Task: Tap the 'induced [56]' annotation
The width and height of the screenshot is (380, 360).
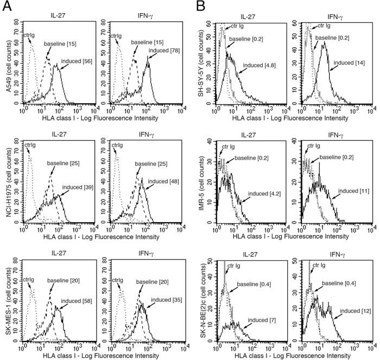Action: tap(77, 61)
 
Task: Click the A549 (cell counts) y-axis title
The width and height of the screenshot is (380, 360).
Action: tap(5, 62)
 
